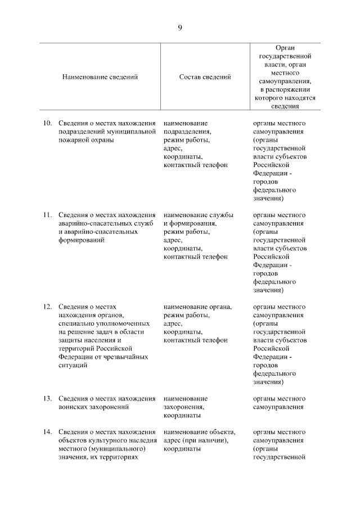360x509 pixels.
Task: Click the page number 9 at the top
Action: pyautogui.click(x=180, y=27)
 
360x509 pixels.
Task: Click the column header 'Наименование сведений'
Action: pyautogui.click(x=100, y=77)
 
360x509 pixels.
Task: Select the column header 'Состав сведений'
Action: pyautogui.click(x=205, y=77)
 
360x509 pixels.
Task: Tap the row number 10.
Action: pyautogui.click(x=48, y=123)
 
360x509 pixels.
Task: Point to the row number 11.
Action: pyautogui.click(x=48, y=215)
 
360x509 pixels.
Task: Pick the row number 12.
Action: pyautogui.click(x=48, y=307)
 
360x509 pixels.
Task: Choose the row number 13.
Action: pyautogui.click(x=48, y=399)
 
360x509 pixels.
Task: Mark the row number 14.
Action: pyautogui.click(x=48, y=432)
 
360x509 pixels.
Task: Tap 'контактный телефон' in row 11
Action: pyautogui.click(x=195, y=256)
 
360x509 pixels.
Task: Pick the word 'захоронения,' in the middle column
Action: pyautogui.click(x=184, y=407)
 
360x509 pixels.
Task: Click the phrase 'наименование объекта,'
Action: pyautogui.click(x=199, y=432)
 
